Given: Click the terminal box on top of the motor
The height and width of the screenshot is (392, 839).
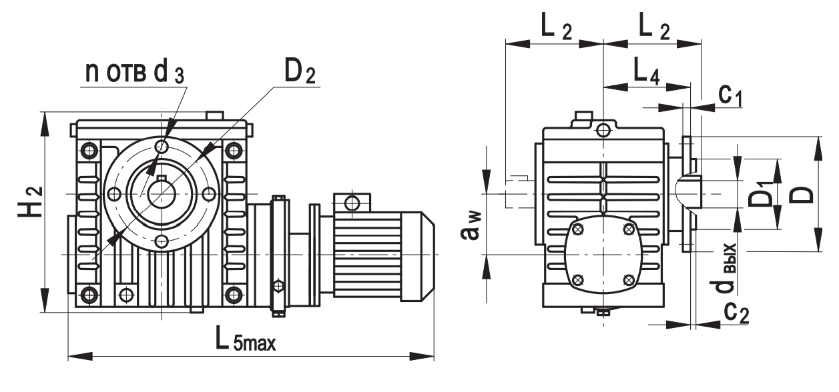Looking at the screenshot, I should pos(351,203).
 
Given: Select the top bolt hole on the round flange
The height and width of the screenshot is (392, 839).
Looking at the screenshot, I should pos(161,147).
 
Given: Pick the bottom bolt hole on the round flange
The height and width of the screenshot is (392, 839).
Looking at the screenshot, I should pos(161,241).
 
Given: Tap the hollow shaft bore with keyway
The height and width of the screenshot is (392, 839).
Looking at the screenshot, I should pos(161,193).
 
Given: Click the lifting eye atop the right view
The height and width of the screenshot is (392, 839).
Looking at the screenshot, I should pos(603,129).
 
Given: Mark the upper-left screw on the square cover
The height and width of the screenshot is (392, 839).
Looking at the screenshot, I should pos(578,230).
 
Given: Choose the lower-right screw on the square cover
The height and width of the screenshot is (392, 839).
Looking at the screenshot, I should pos(627,279).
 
